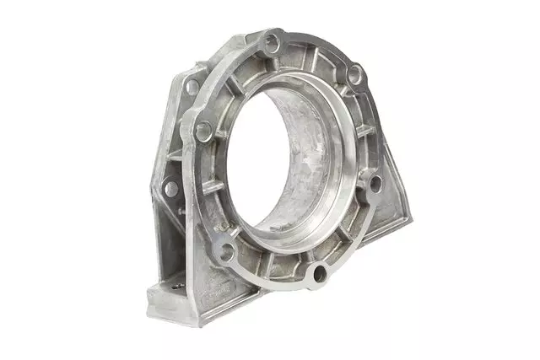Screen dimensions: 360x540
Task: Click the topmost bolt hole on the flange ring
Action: [272, 39]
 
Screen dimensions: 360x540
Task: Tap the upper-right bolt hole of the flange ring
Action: [354, 74]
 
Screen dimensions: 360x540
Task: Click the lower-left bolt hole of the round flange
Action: [226, 250]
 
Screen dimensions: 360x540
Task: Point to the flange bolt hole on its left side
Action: [203, 131]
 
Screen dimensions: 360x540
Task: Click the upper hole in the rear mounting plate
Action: [192, 87]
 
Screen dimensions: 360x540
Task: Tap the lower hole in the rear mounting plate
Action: [172, 188]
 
